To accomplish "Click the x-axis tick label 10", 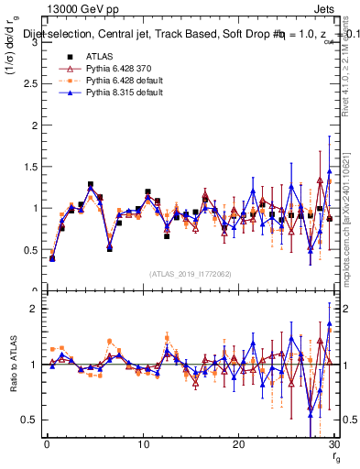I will tap(142, 445).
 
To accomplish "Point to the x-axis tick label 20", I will tap(238, 445).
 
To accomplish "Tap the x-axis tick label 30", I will tap(333, 445).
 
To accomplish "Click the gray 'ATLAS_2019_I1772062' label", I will tap(190, 273).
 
